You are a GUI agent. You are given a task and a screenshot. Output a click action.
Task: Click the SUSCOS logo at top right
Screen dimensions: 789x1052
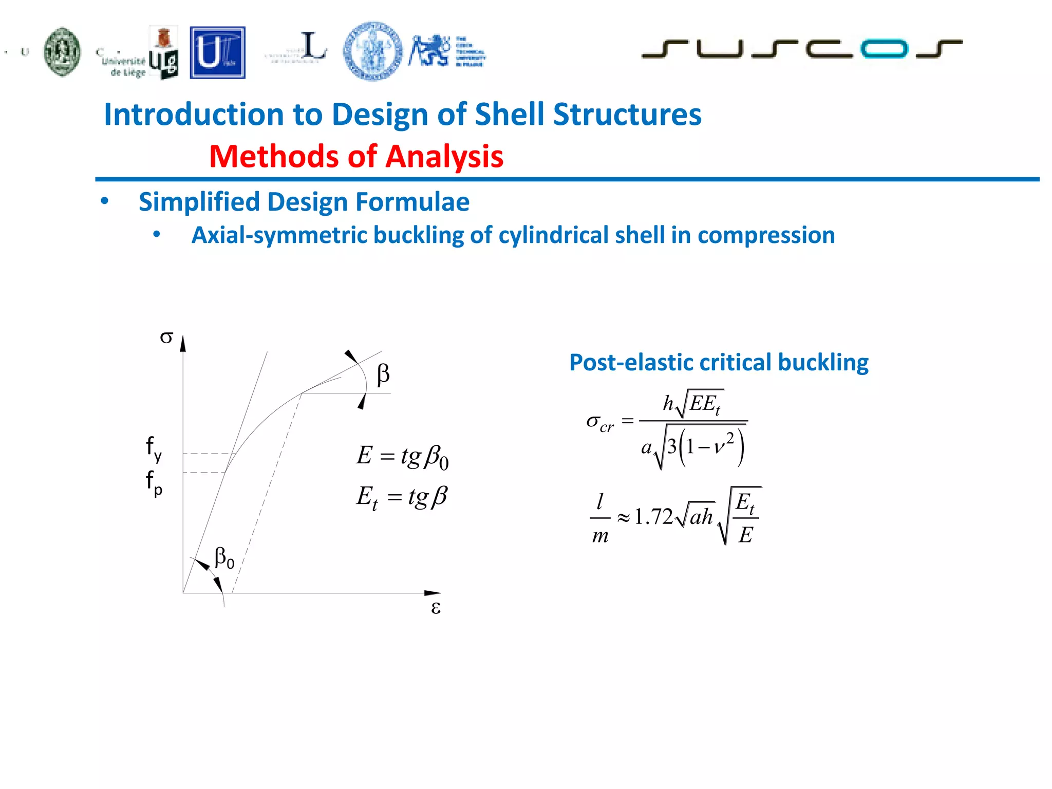(x=801, y=49)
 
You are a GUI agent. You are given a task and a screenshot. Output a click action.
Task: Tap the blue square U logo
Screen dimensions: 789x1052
(x=217, y=52)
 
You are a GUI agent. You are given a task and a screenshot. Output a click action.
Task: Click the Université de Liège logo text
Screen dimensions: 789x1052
(x=124, y=66)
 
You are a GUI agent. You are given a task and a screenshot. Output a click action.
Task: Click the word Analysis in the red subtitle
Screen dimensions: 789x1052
(x=444, y=156)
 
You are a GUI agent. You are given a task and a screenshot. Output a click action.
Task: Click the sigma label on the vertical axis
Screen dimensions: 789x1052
(x=166, y=337)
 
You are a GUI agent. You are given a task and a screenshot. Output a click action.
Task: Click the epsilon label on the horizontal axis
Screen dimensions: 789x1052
(x=436, y=608)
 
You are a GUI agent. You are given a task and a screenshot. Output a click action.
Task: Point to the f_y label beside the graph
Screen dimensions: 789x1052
(x=154, y=448)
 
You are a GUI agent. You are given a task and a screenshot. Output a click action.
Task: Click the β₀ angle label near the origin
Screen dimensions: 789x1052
(x=224, y=558)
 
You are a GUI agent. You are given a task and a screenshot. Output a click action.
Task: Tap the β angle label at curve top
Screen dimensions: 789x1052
(x=383, y=374)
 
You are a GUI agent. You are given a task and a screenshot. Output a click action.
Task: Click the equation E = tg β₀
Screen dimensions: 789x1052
(x=402, y=457)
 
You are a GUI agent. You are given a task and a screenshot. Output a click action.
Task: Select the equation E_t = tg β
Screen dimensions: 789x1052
(x=402, y=497)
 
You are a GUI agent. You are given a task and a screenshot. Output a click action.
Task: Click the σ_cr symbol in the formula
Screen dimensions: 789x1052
(x=599, y=423)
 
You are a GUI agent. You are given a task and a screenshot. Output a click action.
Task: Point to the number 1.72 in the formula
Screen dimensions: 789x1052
(x=653, y=516)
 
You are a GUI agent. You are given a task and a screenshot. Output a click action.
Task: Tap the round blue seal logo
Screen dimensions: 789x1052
(x=373, y=51)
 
